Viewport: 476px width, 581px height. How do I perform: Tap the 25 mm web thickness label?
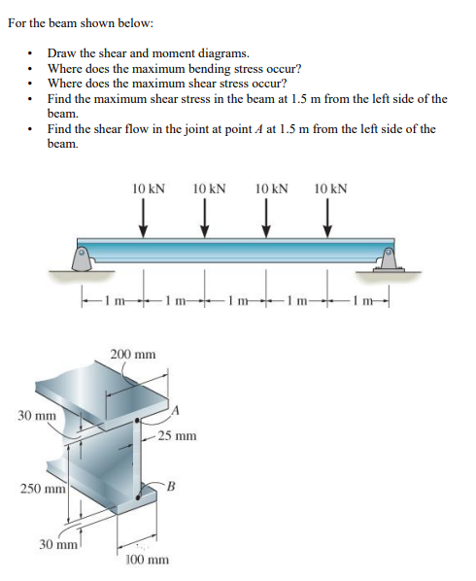[x=178, y=435]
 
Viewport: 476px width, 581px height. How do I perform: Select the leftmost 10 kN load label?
[x=148, y=187]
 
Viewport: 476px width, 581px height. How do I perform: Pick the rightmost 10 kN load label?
[x=331, y=187]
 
